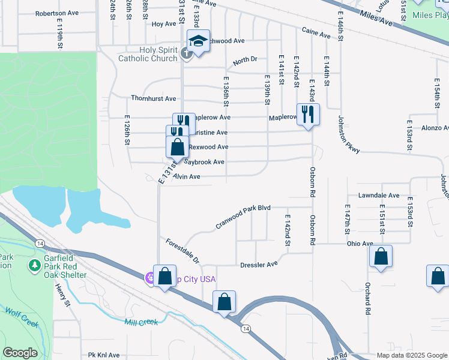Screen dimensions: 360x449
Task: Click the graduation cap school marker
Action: (x=198, y=41)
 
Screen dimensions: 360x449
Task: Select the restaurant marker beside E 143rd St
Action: (x=308, y=114)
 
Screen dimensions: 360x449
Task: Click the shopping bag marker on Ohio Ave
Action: (x=381, y=256)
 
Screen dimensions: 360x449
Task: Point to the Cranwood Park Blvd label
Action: (x=244, y=217)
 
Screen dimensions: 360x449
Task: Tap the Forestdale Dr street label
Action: (x=182, y=250)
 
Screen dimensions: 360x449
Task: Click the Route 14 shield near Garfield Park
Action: (x=39, y=243)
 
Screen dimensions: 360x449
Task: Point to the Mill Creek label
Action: (x=141, y=322)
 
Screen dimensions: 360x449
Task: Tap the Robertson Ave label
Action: (x=56, y=13)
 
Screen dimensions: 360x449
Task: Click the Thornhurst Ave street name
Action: (x=154, y=98)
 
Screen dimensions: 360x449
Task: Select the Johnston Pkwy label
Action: (x=349, y=134)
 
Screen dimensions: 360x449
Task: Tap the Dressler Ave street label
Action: (x=259, y=264)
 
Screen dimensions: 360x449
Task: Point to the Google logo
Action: (x=20, y=353)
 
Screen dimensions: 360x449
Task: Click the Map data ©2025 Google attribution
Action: (x=411, y=355)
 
